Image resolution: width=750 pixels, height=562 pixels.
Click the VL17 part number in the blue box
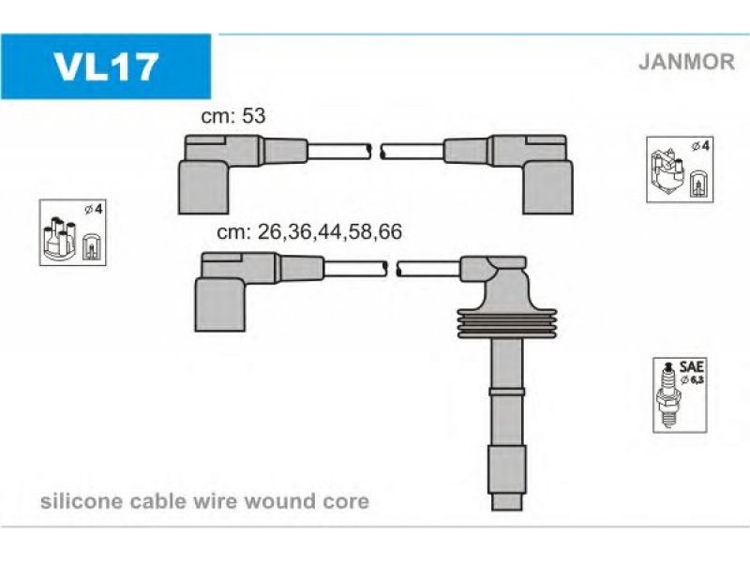pos(106,67)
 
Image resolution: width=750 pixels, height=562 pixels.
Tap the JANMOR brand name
pos(686,62)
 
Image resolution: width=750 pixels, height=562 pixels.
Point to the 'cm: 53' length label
pos(234,117)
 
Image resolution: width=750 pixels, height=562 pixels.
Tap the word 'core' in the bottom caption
pos(347,501)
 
